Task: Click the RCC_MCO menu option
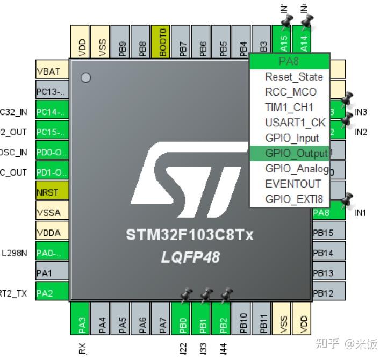pyautogui.click(x=290, y=92)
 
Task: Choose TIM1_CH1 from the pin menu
pyautogui.click(x=289, y=107)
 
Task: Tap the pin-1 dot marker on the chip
pyautogui.click(x=85, y=77)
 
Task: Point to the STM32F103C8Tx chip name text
pyautogui.click(x=190, y=235)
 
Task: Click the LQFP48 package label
pyautogui.click(x=190, y=257)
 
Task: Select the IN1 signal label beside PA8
pyautogui.click(x=360, y=213)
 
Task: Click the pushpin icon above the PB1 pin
pyautogui.click(x=206, y=294)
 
